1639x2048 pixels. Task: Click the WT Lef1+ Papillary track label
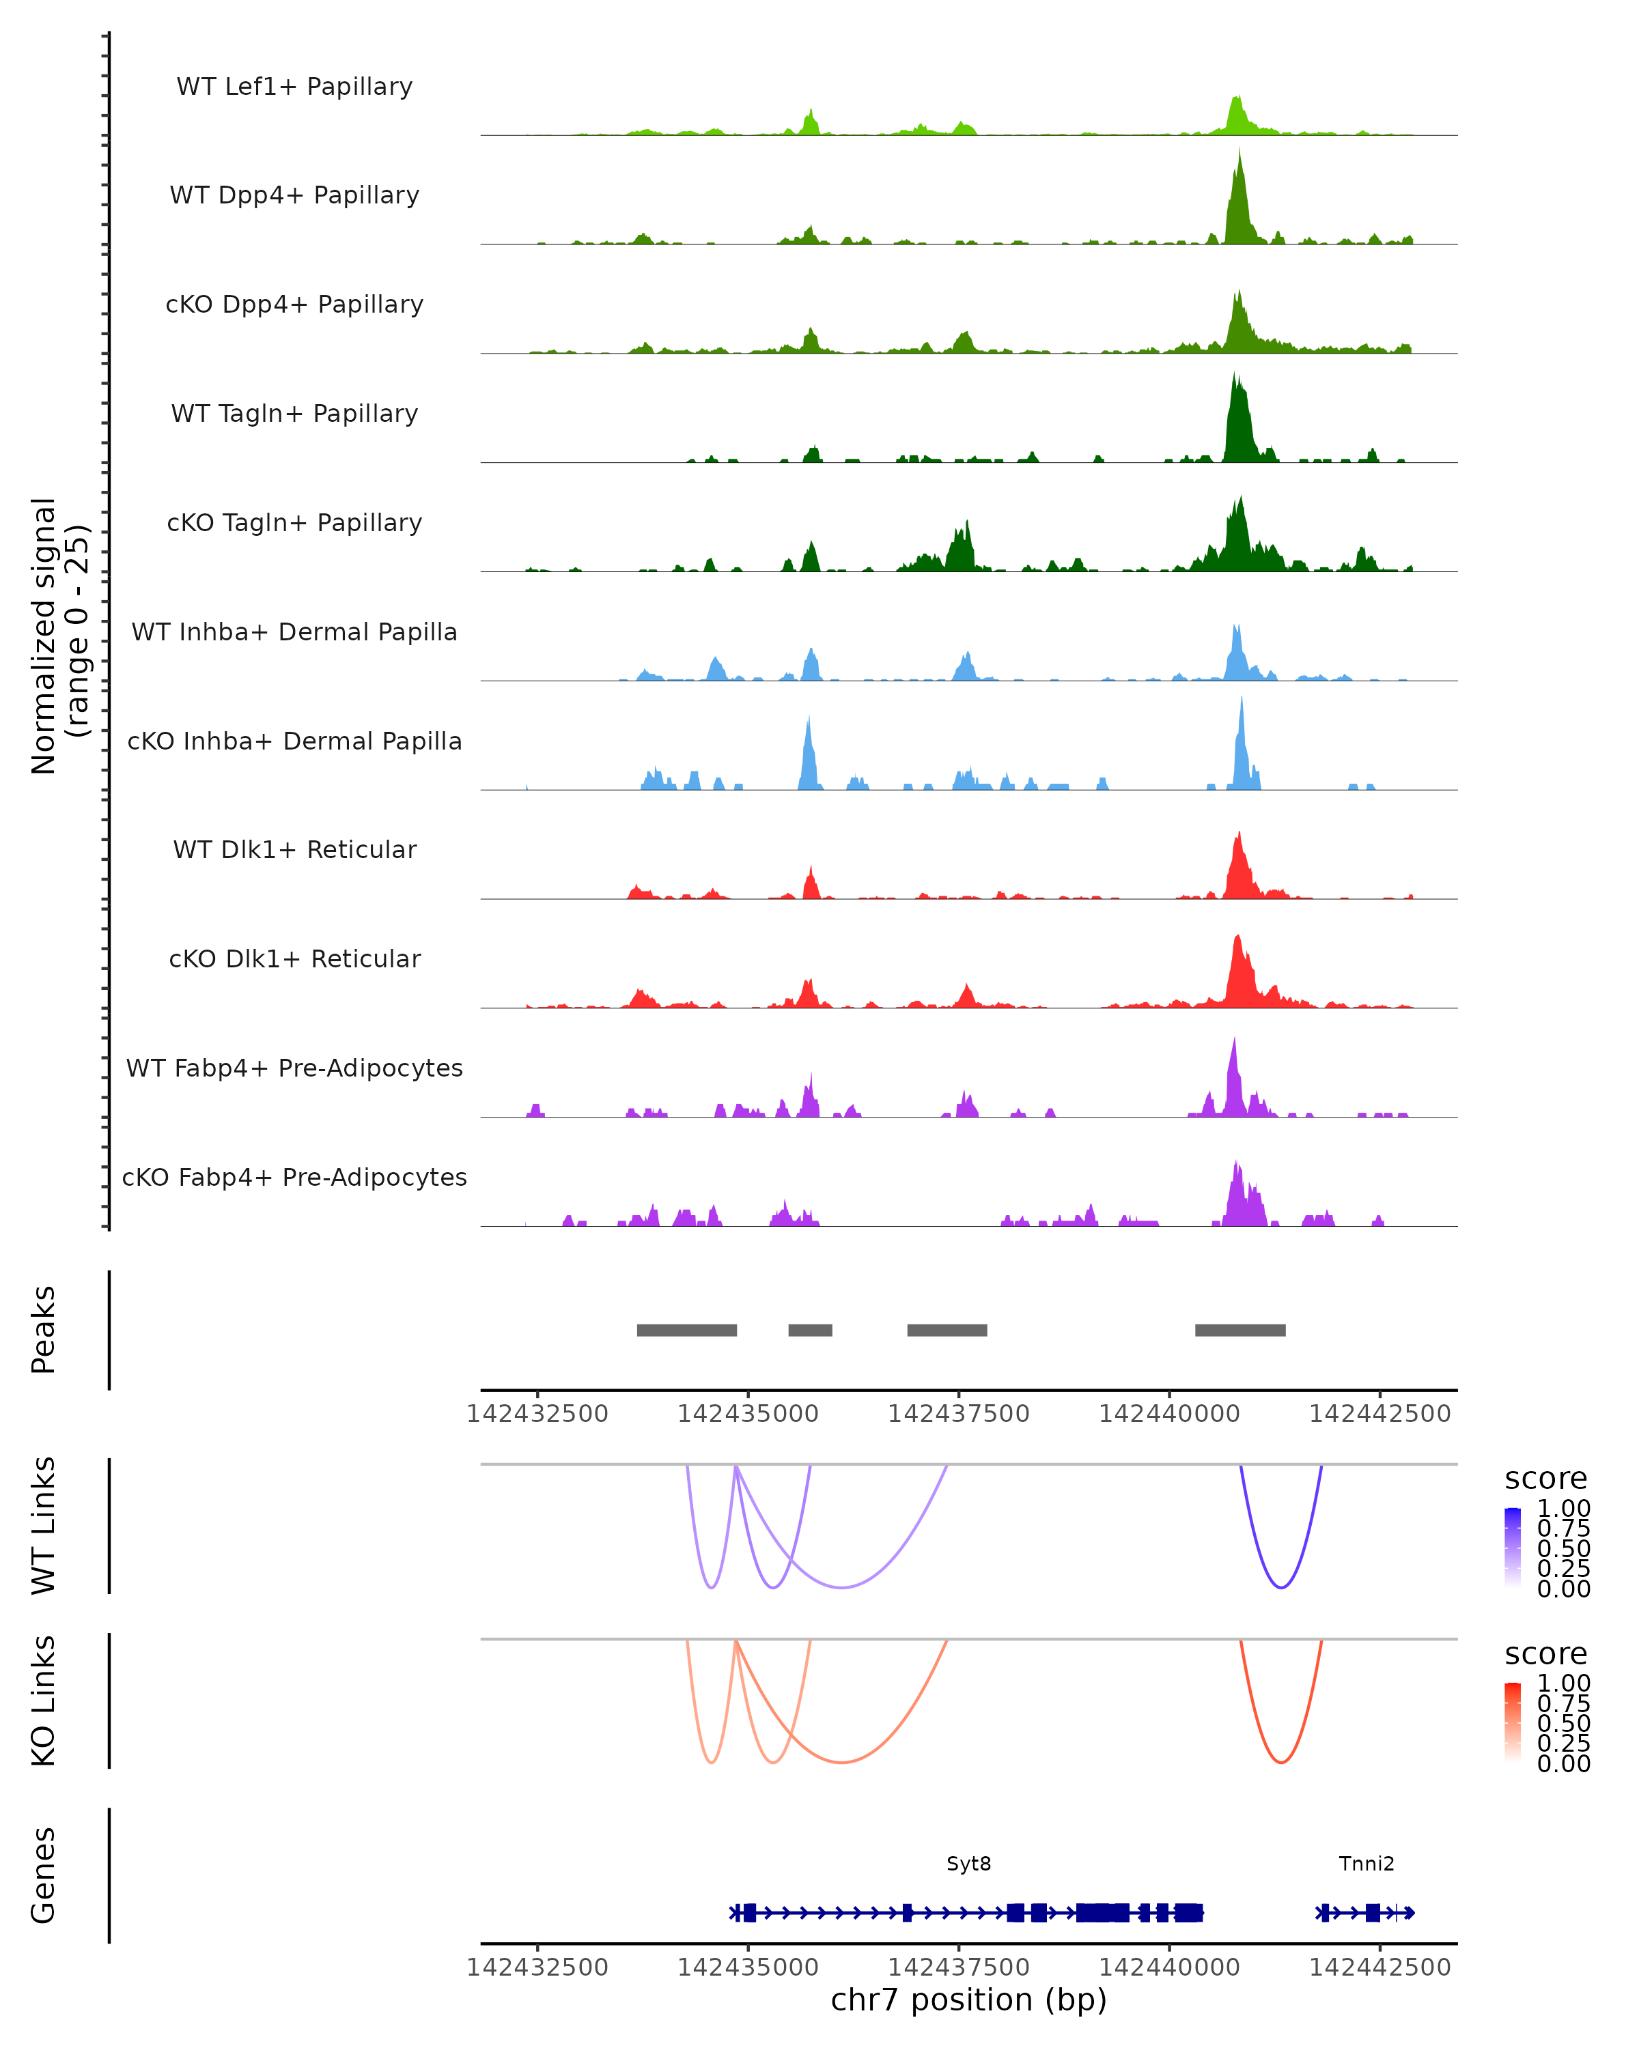pyautogui.click(x=294, y=87)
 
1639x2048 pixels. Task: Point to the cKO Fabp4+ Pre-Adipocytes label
pyautogui.click(x=294, y=1177)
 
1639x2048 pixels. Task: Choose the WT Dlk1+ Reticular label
pyautogui.click(x=294, y=849)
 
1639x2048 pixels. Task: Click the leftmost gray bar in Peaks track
pyautogui.click(x=686, y=1330)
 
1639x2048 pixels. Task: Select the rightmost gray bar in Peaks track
pyautogui.click(x=1240, y=1330)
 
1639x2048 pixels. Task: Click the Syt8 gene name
pyautogui.click(x=968, y=1864)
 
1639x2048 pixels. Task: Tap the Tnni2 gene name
pyautogui.click(x=1367, y=1864)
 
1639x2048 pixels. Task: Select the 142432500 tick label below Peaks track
pyautogui.click(x=537, y=1414)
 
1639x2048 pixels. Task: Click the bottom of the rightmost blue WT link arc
pyautogui.click(x=1280, y=1587)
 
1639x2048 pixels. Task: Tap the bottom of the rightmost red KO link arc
pyautogui.click(x=1280, y=1762)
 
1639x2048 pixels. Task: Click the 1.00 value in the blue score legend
pyautogui.click(x=1564, y=1509)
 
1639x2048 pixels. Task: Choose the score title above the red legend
pyautogui.click(x=1546, y=1654)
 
